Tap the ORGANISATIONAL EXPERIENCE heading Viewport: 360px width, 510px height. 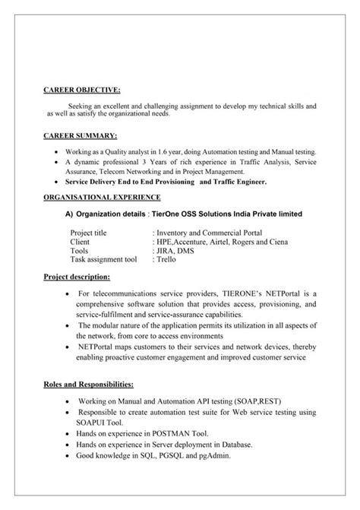point(100,195)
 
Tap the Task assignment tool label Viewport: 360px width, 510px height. point(103,259)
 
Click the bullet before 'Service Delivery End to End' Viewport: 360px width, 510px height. point(58,183)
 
